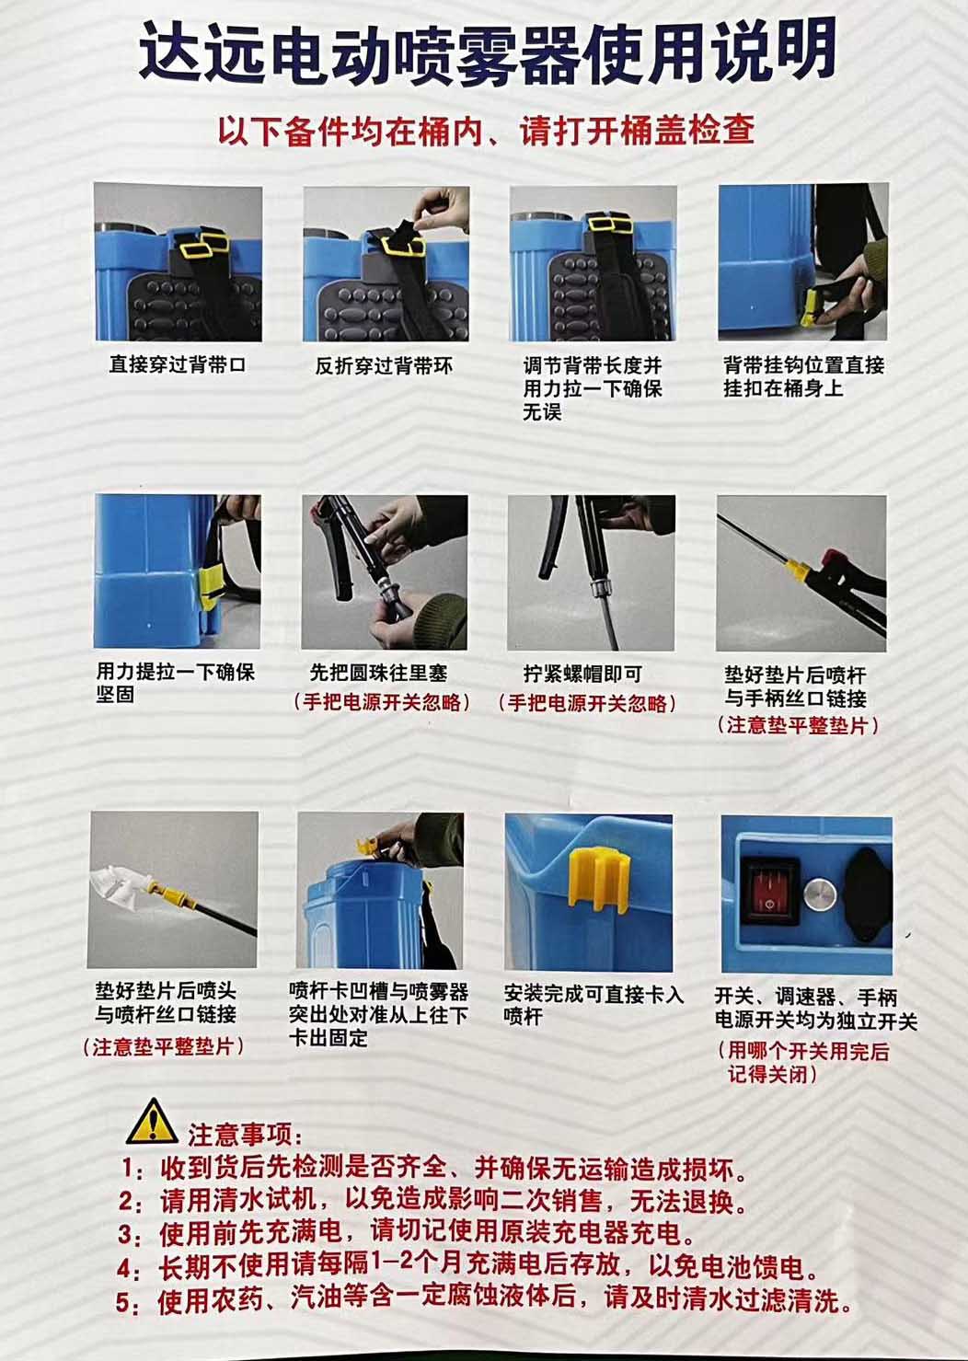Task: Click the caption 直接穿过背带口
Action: [x=178, y=364]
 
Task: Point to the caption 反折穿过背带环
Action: [x=384, y=365]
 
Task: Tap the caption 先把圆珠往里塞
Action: [x=378, y=673]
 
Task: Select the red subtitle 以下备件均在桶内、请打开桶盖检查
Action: [x=486, y=130]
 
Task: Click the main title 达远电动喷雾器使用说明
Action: [x=488, y=53]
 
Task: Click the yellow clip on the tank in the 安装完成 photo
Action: [x=597, y=878]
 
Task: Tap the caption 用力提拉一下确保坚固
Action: [x=176, y=683]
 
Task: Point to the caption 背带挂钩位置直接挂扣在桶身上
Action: [x=804, y=376]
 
